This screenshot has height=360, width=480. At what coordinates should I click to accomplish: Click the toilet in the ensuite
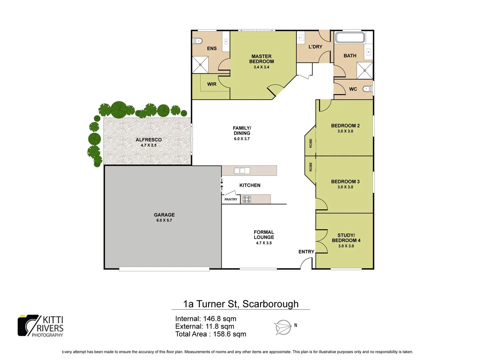point(198,41)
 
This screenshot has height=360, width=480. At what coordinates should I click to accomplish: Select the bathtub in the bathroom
point(350,37)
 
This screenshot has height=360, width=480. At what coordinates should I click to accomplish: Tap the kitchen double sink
point(242,171)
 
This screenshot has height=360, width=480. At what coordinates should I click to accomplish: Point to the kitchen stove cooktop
point(247,199)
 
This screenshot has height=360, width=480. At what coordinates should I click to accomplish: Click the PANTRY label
point(231,199)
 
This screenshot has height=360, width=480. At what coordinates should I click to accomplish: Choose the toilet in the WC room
point(367,89)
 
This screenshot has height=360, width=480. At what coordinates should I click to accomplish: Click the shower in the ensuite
point(200,65)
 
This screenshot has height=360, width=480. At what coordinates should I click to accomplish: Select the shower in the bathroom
point(365,70)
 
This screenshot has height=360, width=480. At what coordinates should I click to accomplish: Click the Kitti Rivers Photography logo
point(41,326)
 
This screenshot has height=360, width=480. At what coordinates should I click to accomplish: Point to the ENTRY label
point(306,252)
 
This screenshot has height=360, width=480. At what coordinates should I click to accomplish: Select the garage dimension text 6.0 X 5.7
point(164,220)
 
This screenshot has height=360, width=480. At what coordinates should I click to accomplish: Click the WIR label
point(212,84)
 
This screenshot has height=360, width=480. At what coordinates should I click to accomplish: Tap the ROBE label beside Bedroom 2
point(311,143)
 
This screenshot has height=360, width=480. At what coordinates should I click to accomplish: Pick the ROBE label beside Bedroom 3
point(311,167)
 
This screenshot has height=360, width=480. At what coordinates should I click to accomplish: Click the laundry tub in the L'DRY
point(301,38)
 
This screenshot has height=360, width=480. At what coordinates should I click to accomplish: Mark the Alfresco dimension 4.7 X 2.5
point(148,145)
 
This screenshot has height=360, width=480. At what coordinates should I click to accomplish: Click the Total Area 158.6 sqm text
point(211,334)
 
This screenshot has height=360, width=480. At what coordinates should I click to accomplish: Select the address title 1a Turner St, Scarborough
point(241,304)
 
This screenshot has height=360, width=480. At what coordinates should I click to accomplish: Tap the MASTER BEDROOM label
point(261,59)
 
